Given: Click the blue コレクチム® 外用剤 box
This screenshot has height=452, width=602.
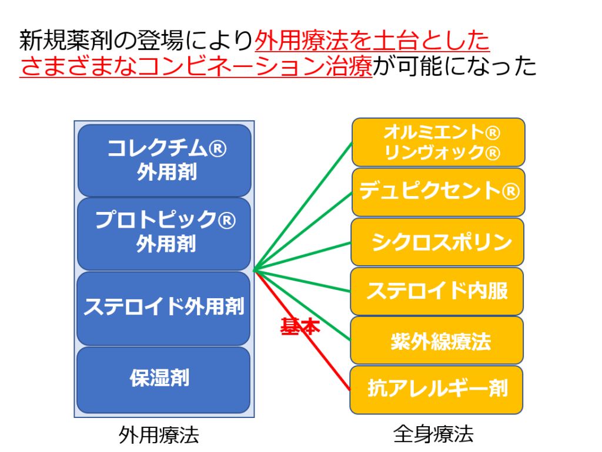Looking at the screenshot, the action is (x=165, y=160).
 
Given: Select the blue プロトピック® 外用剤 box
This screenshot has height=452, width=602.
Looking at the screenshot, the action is (x=164, y=234).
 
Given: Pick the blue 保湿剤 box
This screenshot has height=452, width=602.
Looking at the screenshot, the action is (x=163, y=380).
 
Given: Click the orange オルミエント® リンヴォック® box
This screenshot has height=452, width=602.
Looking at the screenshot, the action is (x=439, y=142).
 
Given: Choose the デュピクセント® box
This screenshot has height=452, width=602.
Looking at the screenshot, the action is (x=439, y=192).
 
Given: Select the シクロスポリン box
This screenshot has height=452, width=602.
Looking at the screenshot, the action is (x=437, y=242).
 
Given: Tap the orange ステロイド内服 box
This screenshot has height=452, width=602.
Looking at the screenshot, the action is (x=437, y=291).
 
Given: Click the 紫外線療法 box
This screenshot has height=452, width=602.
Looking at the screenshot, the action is (x=437, y=340).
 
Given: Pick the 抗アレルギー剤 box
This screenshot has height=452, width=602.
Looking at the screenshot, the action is (x=436, y=390).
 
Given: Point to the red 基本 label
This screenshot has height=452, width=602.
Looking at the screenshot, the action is (x=300, y=326).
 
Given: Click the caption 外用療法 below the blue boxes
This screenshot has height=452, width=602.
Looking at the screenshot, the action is (x=159, y=435).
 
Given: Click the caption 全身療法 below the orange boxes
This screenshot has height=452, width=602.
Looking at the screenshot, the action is (x=433, y=434).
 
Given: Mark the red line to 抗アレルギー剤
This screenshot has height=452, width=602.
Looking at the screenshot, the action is (x=302, y=330).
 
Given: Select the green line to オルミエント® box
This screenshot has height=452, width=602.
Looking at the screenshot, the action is (x=303, y=206).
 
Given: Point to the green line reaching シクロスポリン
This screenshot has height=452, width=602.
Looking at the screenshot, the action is (x=302, y=257).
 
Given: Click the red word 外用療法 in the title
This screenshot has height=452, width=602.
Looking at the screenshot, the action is (x=302, y=41).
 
